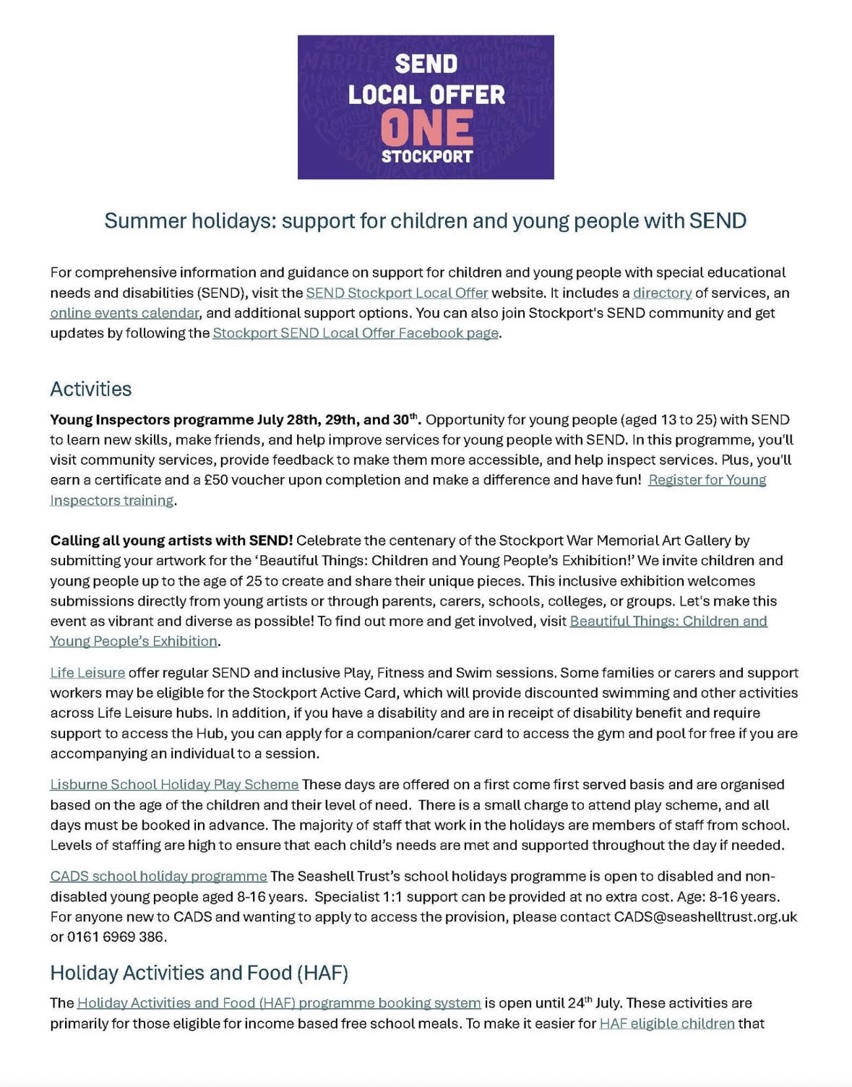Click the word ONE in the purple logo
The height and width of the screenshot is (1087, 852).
pos(426,127)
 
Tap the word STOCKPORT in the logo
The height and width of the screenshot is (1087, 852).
pos(426,156)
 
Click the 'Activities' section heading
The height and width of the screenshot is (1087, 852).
pos(91,389)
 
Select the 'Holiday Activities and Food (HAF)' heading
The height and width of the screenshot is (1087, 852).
pos(199,973)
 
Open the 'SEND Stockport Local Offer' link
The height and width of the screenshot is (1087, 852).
pos(397,293)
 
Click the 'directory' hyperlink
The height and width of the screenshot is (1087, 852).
pos(662,293)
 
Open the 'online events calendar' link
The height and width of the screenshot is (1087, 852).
pos(124,313)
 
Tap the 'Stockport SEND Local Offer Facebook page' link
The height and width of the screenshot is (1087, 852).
pos(355,333)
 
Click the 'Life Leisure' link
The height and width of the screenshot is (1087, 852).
pos(87,672)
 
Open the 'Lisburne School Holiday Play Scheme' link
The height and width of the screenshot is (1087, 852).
pos(174,784)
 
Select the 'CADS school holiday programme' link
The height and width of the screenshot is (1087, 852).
pos(158,876)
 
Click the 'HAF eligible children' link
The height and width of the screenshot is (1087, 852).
pos(666,1023)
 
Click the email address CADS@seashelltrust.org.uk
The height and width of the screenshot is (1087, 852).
pos(705,916)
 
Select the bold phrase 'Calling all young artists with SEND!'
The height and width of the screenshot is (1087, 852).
pos(171,540)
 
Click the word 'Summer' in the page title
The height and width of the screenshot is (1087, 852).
pos(145,220)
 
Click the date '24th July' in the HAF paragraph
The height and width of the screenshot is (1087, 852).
pos(593,1003)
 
